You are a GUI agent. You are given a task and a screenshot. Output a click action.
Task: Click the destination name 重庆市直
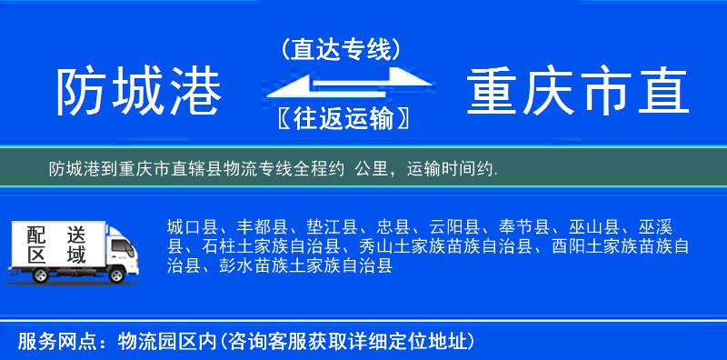[578, 92]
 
